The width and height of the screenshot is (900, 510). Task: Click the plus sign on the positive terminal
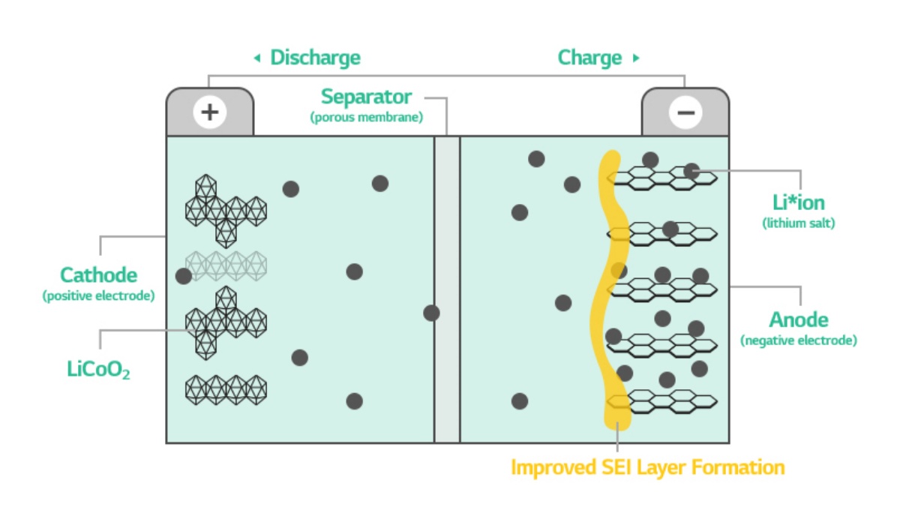tap(210, 112)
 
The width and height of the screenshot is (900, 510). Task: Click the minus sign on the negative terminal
tap(685, 112)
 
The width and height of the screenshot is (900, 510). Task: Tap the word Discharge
tap(315, 58)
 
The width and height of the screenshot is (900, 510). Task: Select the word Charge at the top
tap(589, 58)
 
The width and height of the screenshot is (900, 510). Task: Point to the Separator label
tap(366, 97)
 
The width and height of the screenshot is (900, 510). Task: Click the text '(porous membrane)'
tap(366, 117)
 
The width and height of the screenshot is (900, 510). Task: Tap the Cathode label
tap(98, 275)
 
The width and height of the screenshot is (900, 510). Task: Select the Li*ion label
tap(798, 202)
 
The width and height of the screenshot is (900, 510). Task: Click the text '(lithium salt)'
tap(798, 223)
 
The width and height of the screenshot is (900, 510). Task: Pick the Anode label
tap(799, 320)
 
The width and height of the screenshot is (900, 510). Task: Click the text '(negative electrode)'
tap(798, 340)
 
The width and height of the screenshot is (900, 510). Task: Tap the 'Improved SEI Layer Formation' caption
tap(647, 468)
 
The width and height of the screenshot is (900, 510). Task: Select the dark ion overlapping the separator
tap(431, 313)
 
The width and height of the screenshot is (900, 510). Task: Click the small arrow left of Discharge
tap(257, 58)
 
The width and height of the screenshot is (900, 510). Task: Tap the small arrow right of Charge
tap(636, 58)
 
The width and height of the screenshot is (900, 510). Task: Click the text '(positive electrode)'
tap(98, 295)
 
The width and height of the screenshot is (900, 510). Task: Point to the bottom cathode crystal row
tap(226, 389)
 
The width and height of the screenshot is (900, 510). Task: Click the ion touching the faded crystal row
tap(184, 276)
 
